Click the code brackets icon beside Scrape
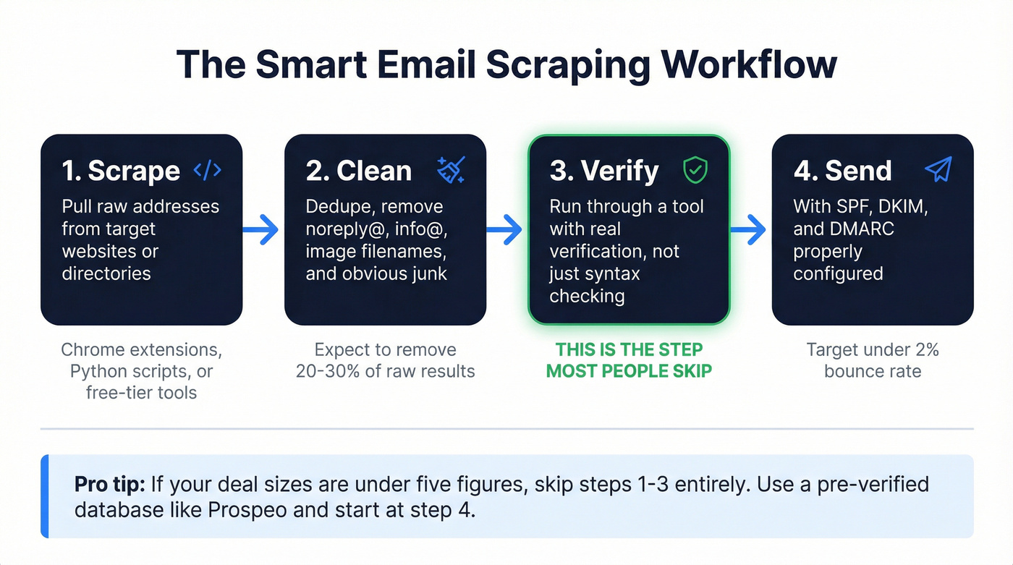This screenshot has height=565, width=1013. [x=208, y=170]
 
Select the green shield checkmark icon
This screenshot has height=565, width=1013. [x=695, y=171]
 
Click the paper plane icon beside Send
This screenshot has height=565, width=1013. [x=938, y=170]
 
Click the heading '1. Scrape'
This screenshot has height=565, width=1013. [x=121, y=171]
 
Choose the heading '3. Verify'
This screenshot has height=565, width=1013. [x=604, y=171]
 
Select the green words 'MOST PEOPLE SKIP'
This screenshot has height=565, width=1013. [x=629, y=372]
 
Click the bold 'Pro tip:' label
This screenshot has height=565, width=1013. [x=107, y=485]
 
